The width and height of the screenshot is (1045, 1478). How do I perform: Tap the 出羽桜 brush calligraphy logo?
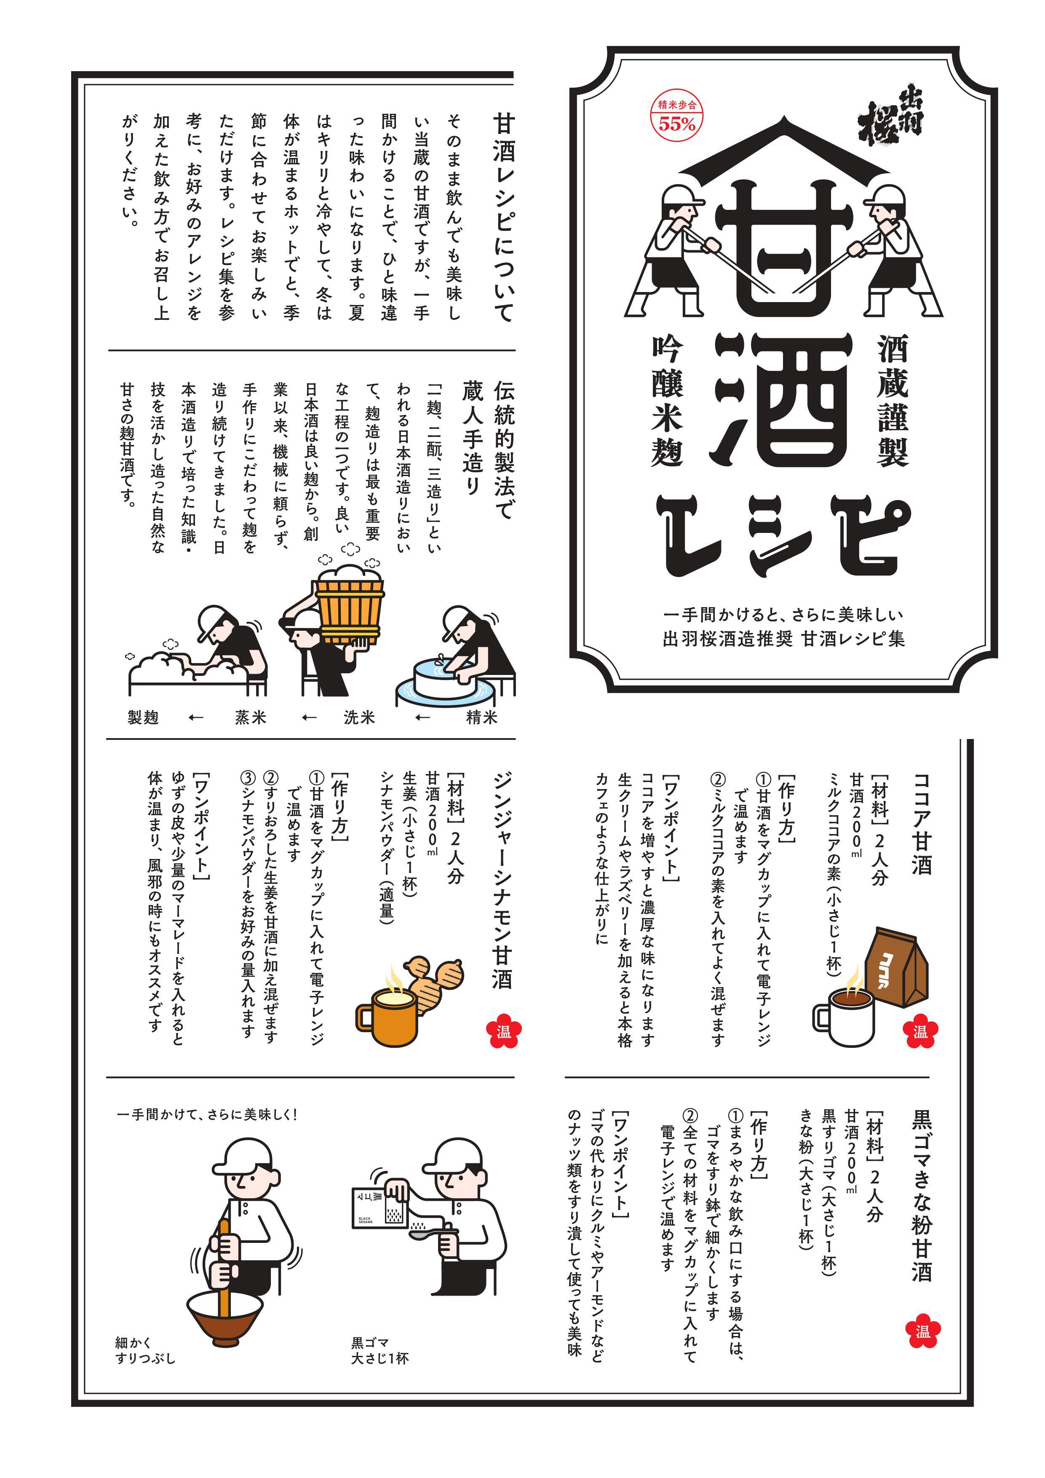click(x=891, y=122)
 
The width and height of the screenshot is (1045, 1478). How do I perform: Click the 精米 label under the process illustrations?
click(x=481, y=717)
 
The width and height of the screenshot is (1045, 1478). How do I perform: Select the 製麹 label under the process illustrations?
click(x=143, y=717)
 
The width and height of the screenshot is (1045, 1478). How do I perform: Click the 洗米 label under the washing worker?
click(x=359, y=717)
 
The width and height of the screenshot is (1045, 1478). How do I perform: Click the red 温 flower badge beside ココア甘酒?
click(x=920, y=1031)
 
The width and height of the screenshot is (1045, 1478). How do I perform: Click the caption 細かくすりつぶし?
click(x=145, y=1350)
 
